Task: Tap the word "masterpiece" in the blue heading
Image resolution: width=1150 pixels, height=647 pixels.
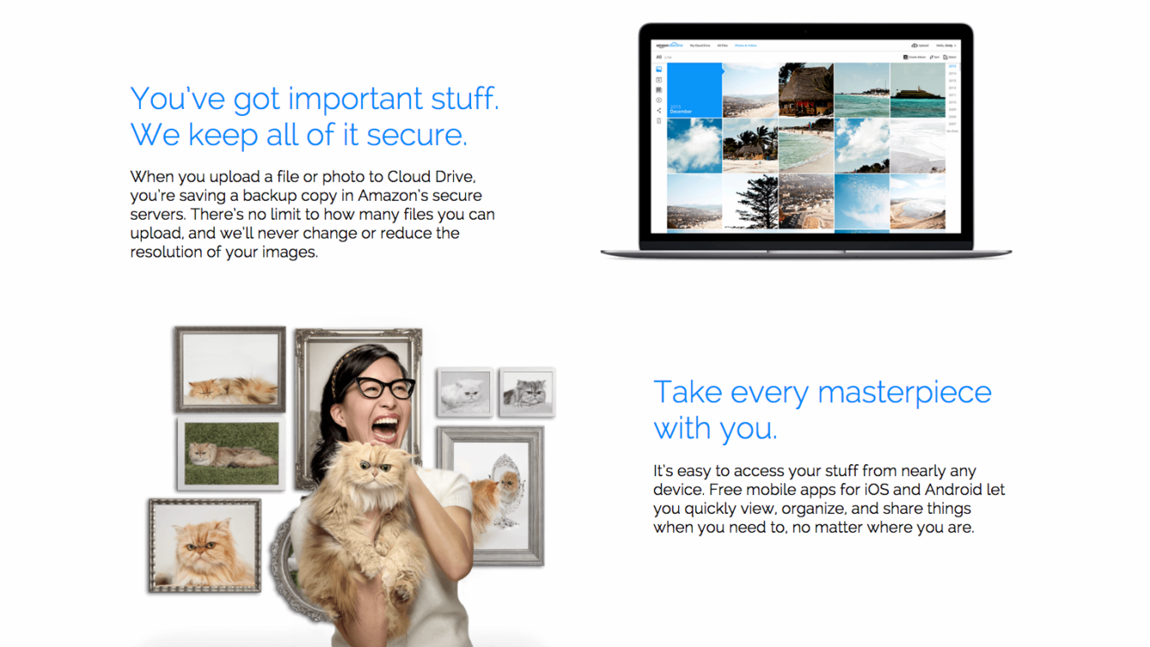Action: click(x=905, y=392)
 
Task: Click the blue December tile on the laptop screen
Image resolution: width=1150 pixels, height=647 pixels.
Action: click(x=694, y=90)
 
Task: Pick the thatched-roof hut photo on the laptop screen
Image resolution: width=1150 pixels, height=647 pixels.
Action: click(x=806, y=89)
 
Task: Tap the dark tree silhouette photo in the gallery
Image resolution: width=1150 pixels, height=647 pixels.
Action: click(x=750, y=203)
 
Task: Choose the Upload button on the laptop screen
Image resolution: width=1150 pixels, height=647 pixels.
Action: click(x=921, y=45)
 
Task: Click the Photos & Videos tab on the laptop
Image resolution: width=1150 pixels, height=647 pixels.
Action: click(x=745, y=45)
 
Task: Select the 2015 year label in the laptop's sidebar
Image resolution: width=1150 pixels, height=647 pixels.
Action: click(x=953, y=66)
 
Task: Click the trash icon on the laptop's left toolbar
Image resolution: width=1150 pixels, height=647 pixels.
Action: click(x=659, y=121)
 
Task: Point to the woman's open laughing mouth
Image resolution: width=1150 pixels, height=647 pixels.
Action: click(x=384, y=426)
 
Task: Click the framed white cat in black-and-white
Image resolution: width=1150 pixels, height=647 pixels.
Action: click(x=464, y=394)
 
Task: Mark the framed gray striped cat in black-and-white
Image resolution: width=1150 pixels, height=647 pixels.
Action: click(x=526, y=392)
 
